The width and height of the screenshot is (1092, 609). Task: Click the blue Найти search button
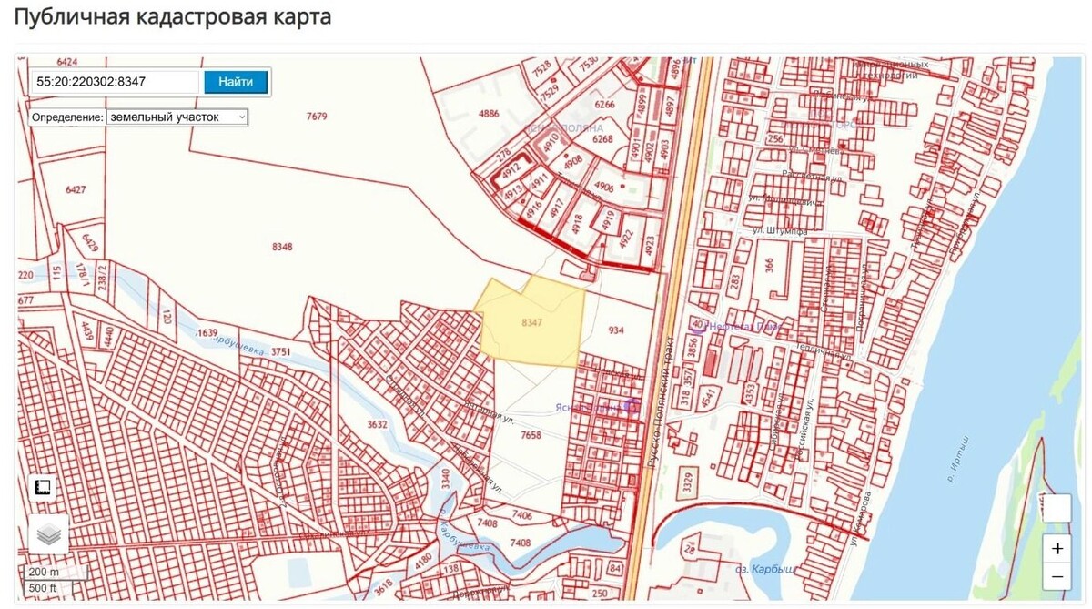click(x=236, y=82)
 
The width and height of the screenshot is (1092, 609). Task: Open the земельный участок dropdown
click(x=177, y=117)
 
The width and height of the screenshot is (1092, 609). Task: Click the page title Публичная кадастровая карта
click(x=173, y=17)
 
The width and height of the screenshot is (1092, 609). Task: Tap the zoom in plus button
click(x=1057, y=549)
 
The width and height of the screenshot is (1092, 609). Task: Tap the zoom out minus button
click(x=1057, y=576)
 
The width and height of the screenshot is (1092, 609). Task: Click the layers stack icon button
click(x=48, y=533)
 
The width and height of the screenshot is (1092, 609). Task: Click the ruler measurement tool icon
click(x=42, y=488)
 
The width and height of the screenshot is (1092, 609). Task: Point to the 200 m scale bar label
click(x=43, y=572)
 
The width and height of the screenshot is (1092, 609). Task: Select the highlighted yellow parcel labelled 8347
click(x=532, y=323)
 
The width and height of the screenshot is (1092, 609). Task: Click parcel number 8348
click(x=282, y=247)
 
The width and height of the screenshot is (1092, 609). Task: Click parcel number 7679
click(x=317, y=117)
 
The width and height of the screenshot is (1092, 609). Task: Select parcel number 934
click(x=616, y=330)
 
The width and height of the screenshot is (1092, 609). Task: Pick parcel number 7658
click(x=531, y=435)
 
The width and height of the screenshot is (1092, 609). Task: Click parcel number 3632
click(x=377, y=424)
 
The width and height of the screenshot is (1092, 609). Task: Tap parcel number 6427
click(x=76, y=189)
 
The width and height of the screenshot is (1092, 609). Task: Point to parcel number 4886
click(x=489, y=114)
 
